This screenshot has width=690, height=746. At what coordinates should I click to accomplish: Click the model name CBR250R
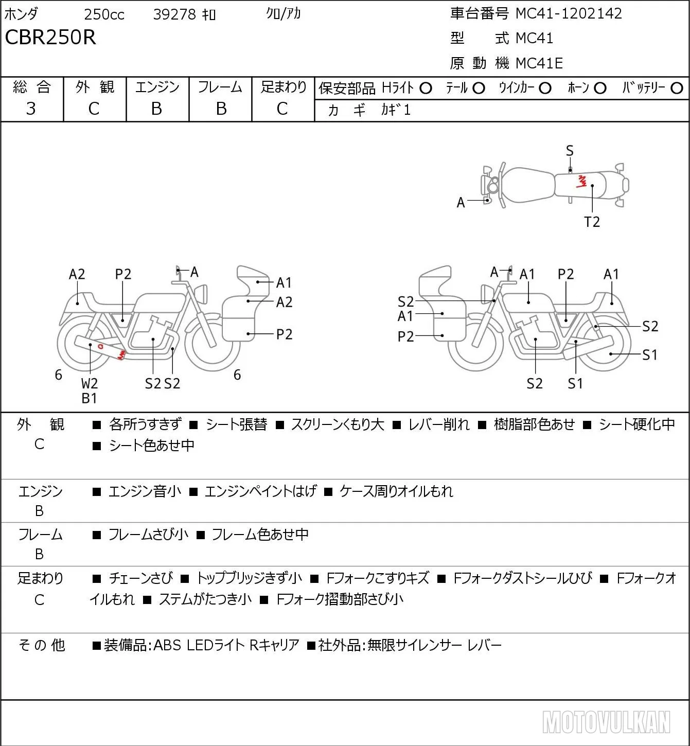50,37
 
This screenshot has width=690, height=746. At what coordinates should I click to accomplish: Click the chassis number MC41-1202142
569,13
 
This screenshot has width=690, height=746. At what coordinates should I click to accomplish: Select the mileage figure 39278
174,14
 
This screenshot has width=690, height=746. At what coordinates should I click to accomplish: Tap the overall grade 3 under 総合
31,109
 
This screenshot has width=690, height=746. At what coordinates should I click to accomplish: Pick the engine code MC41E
539,63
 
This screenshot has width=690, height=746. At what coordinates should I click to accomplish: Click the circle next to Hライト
426,88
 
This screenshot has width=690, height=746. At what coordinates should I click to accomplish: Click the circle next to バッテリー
677,88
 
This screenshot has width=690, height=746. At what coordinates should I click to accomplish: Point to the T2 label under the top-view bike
592,222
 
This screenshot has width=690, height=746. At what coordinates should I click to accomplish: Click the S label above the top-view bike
570,151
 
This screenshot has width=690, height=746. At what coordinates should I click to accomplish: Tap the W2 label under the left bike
90,383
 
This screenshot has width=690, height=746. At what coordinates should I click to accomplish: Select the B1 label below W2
90,398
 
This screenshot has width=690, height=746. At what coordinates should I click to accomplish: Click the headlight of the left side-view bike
201,293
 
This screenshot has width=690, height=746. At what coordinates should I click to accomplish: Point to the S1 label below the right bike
575,383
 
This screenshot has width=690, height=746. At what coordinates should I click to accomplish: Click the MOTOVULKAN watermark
606,722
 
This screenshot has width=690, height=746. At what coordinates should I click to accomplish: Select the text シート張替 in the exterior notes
236,424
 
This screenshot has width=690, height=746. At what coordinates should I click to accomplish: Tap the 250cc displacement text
104,14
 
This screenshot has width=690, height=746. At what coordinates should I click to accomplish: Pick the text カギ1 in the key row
395,110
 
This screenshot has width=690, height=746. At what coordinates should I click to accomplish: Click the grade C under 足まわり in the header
282,109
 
